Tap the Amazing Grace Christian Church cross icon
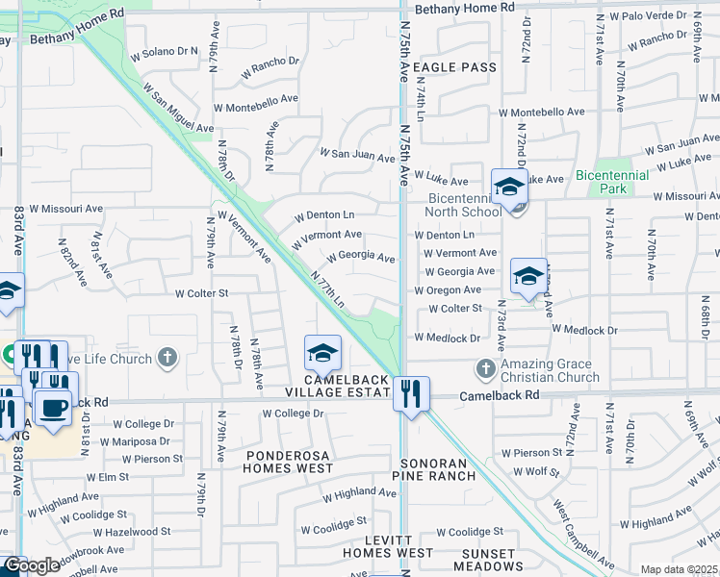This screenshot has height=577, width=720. [485, 368]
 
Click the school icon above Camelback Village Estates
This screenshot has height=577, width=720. [322, 353]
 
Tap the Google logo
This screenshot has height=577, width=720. [31, 565]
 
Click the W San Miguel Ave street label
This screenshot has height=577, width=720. [178, 107]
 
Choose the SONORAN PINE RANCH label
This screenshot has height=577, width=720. [438, 469]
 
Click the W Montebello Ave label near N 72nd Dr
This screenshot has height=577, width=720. [541, 112]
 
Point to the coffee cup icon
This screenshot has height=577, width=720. [53, 407]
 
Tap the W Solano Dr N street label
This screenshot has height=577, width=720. [169, 51]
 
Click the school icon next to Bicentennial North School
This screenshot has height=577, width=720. [508, 187]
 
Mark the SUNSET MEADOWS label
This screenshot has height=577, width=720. [495, 560]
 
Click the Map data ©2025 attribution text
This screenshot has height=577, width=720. [678, 569]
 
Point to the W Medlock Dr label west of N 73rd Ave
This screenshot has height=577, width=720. [447, 338]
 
